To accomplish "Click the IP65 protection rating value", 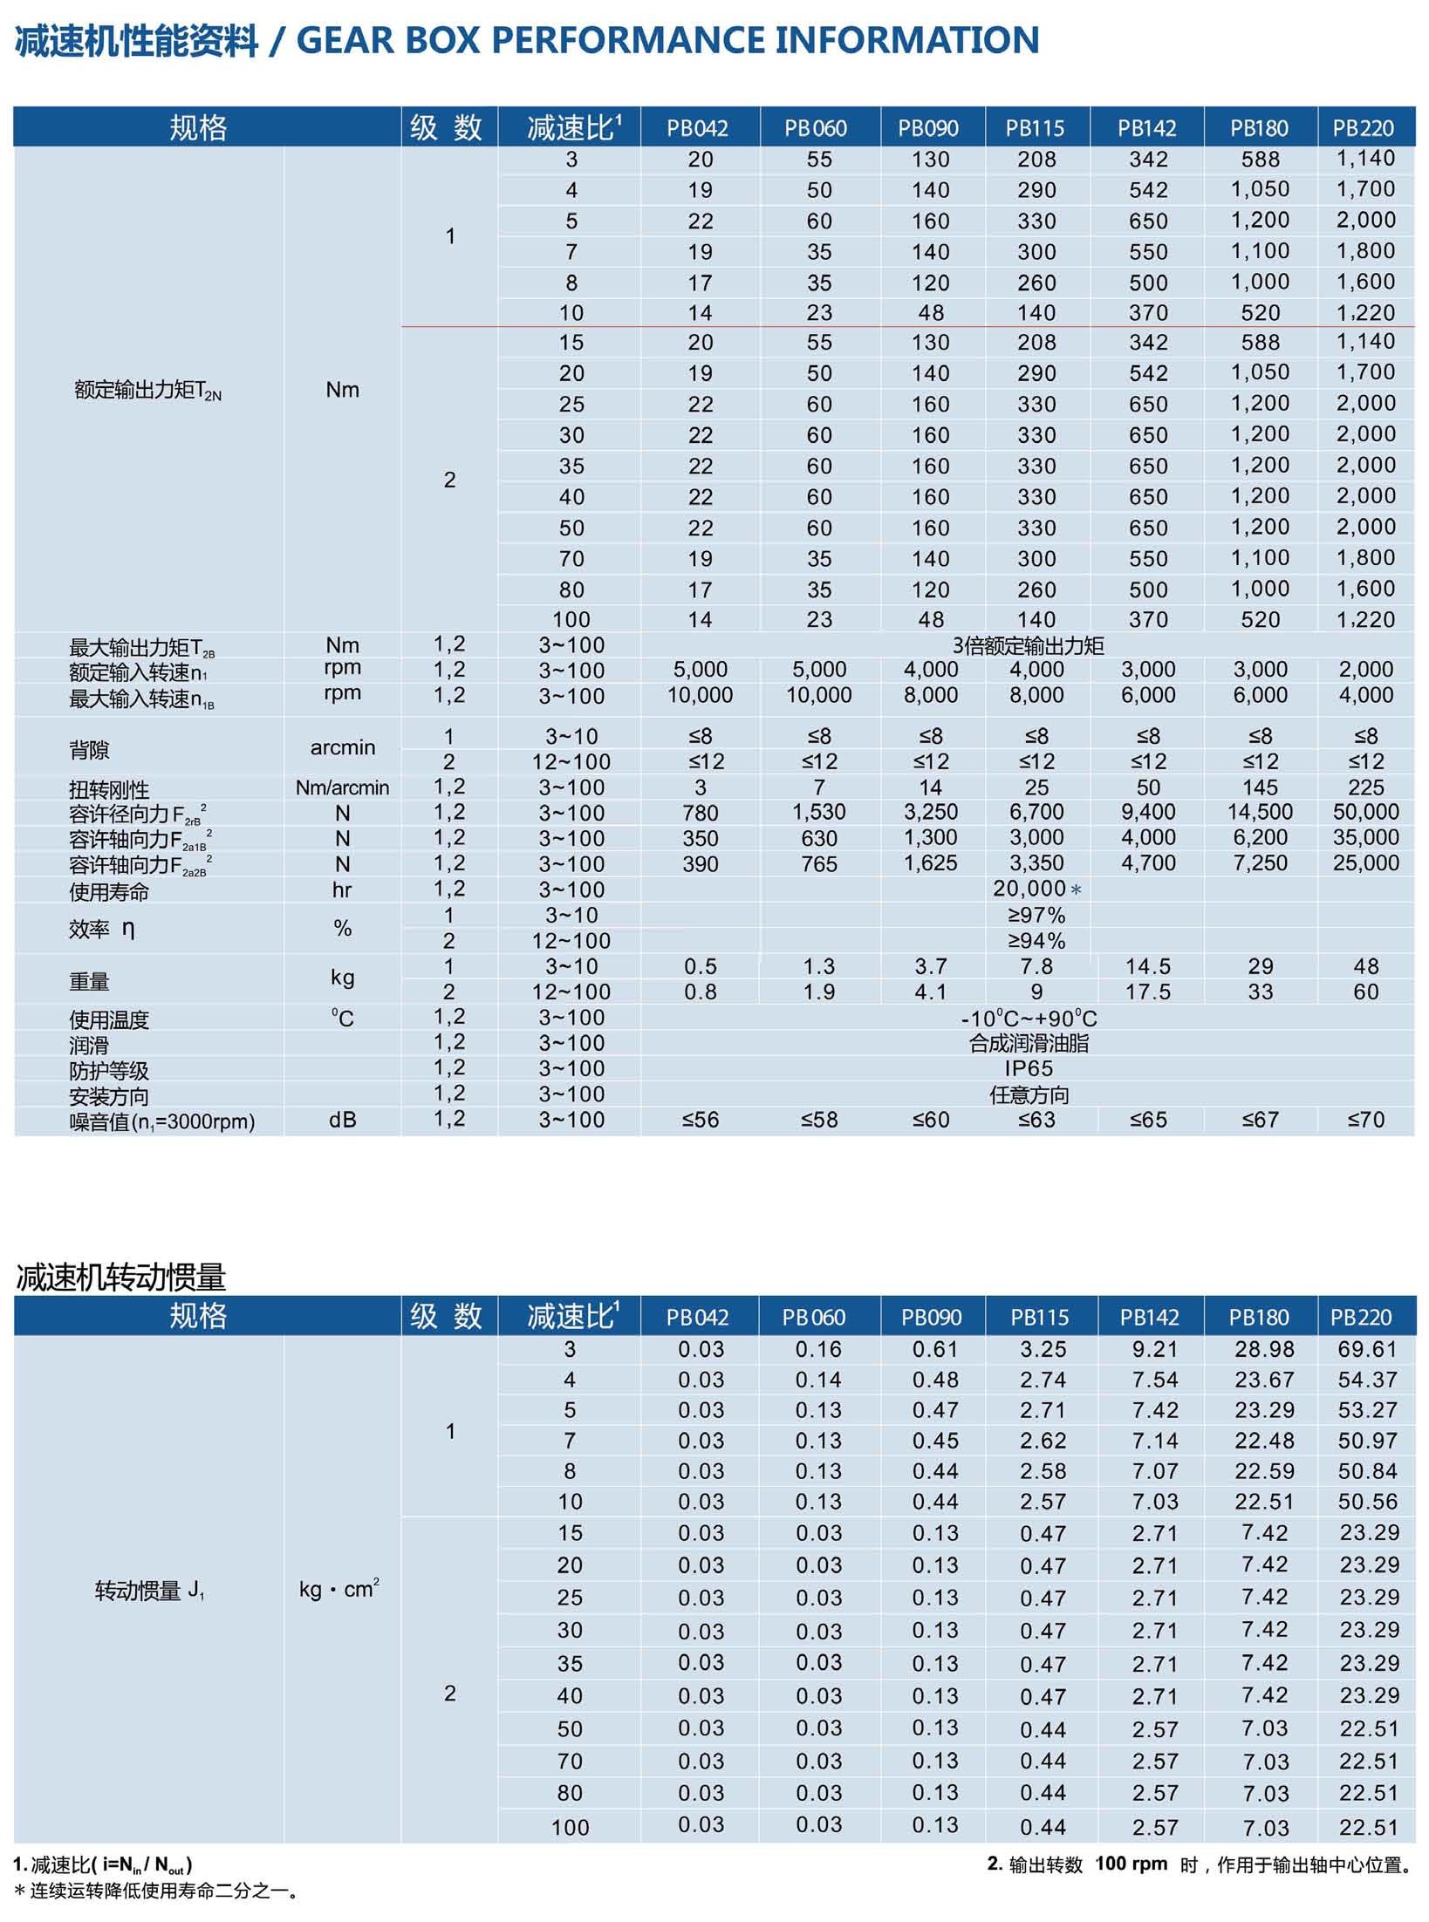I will pos(1029,1068).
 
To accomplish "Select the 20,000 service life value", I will pos(1029,889).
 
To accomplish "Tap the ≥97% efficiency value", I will pos(1036,915).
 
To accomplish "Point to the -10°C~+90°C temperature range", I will pos(1029,1018).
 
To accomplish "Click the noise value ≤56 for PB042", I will pos(700,1120).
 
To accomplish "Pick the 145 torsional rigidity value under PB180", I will pos(1260,787).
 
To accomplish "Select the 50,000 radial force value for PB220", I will pos(1365,812).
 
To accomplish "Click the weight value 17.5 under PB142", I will pos(1147,992).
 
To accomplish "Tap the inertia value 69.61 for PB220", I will pos(1367,1349).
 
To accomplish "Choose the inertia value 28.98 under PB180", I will pos(1263,1349).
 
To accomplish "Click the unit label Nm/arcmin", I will pos(342,787).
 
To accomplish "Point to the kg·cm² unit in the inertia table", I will pos(338,1589).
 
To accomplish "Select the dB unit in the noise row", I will pos(342,1120).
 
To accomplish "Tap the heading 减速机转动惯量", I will pos(121,1278).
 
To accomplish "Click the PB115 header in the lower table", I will pos(1039,1317).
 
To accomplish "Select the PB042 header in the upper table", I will pos(697,128).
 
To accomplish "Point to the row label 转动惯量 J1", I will pos(149,1591).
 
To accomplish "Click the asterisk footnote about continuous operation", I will pos(157,1891).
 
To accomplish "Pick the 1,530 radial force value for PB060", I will pos(818,812).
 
